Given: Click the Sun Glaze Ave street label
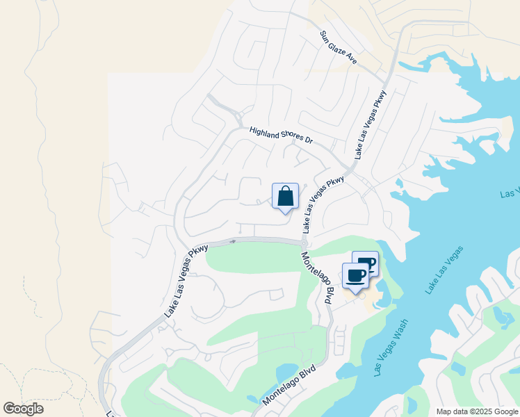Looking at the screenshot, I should coord(339,48).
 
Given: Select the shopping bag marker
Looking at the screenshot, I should coord(285,197).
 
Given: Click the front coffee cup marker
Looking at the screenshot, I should coord(356,276).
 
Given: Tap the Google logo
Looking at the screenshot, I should coord(23,408).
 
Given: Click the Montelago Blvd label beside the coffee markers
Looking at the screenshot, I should coord(318,278).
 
